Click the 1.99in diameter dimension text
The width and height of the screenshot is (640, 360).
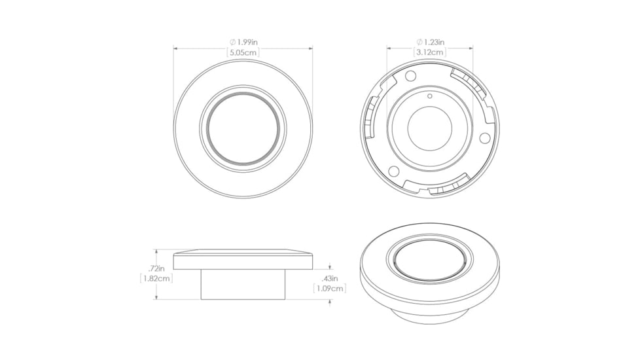click(x=243, y=42)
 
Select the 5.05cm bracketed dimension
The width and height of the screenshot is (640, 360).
click(x=243, y=52)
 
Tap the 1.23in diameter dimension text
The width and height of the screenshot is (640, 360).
click(x=430, y=42)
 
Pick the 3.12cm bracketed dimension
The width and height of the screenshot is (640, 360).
click(x=430, y=52)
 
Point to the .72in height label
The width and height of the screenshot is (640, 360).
click(x=156, y=268)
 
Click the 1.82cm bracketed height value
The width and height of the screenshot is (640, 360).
click(x=156, y=279)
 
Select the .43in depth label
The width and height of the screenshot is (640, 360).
click(x=330, y=279)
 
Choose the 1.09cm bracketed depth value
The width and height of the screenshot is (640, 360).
click(x=330, y=289)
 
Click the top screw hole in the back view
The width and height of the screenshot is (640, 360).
click(x=410, y=75)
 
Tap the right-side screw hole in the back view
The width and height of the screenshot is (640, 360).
click(x=484, y=138)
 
